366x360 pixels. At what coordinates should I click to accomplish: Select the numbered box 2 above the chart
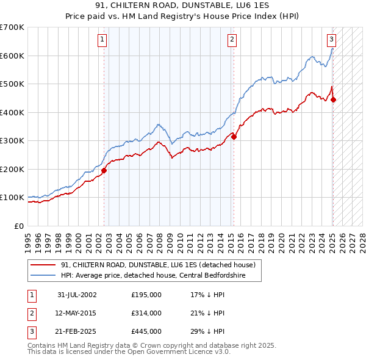tap(232, 40)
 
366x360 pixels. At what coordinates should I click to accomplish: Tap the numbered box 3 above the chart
tap(331, 40)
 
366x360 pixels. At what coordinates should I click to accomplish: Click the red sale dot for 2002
tap(104, 171)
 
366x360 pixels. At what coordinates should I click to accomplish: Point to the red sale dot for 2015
tap(234, 137)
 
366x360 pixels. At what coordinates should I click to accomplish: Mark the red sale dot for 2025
tap(334, 100)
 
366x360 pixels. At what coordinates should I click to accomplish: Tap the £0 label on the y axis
tap(18, 226)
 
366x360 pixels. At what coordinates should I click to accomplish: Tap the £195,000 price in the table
tap(146, 295)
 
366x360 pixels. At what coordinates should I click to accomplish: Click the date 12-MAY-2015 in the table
tap(77, 313)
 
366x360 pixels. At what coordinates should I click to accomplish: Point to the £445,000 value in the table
tap(146, 332)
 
